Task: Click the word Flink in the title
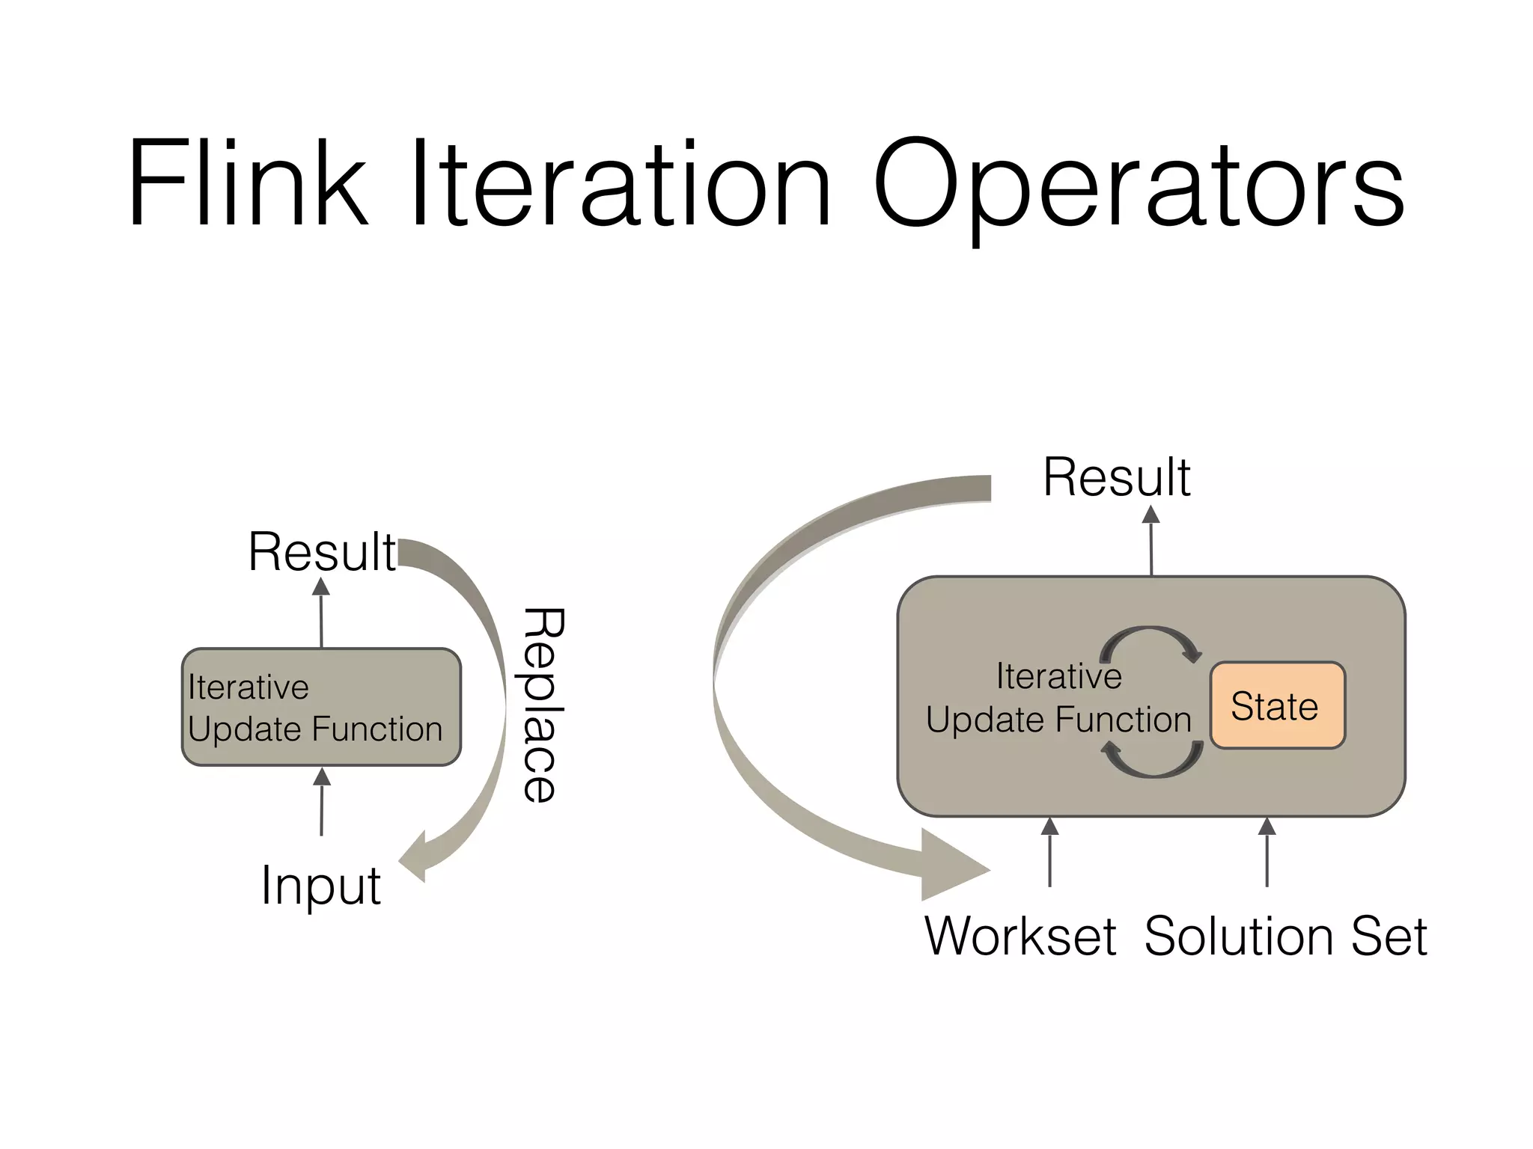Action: click(248, 183)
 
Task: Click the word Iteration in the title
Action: click(621, 183)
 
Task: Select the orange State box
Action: click(1277, 705)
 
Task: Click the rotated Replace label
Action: click(541, 705)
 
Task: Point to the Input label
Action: click(320, 885)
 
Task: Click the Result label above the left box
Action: click(322, 552)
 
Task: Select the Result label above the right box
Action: click(1116, 477)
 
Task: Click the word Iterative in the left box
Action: click(249, 687)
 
